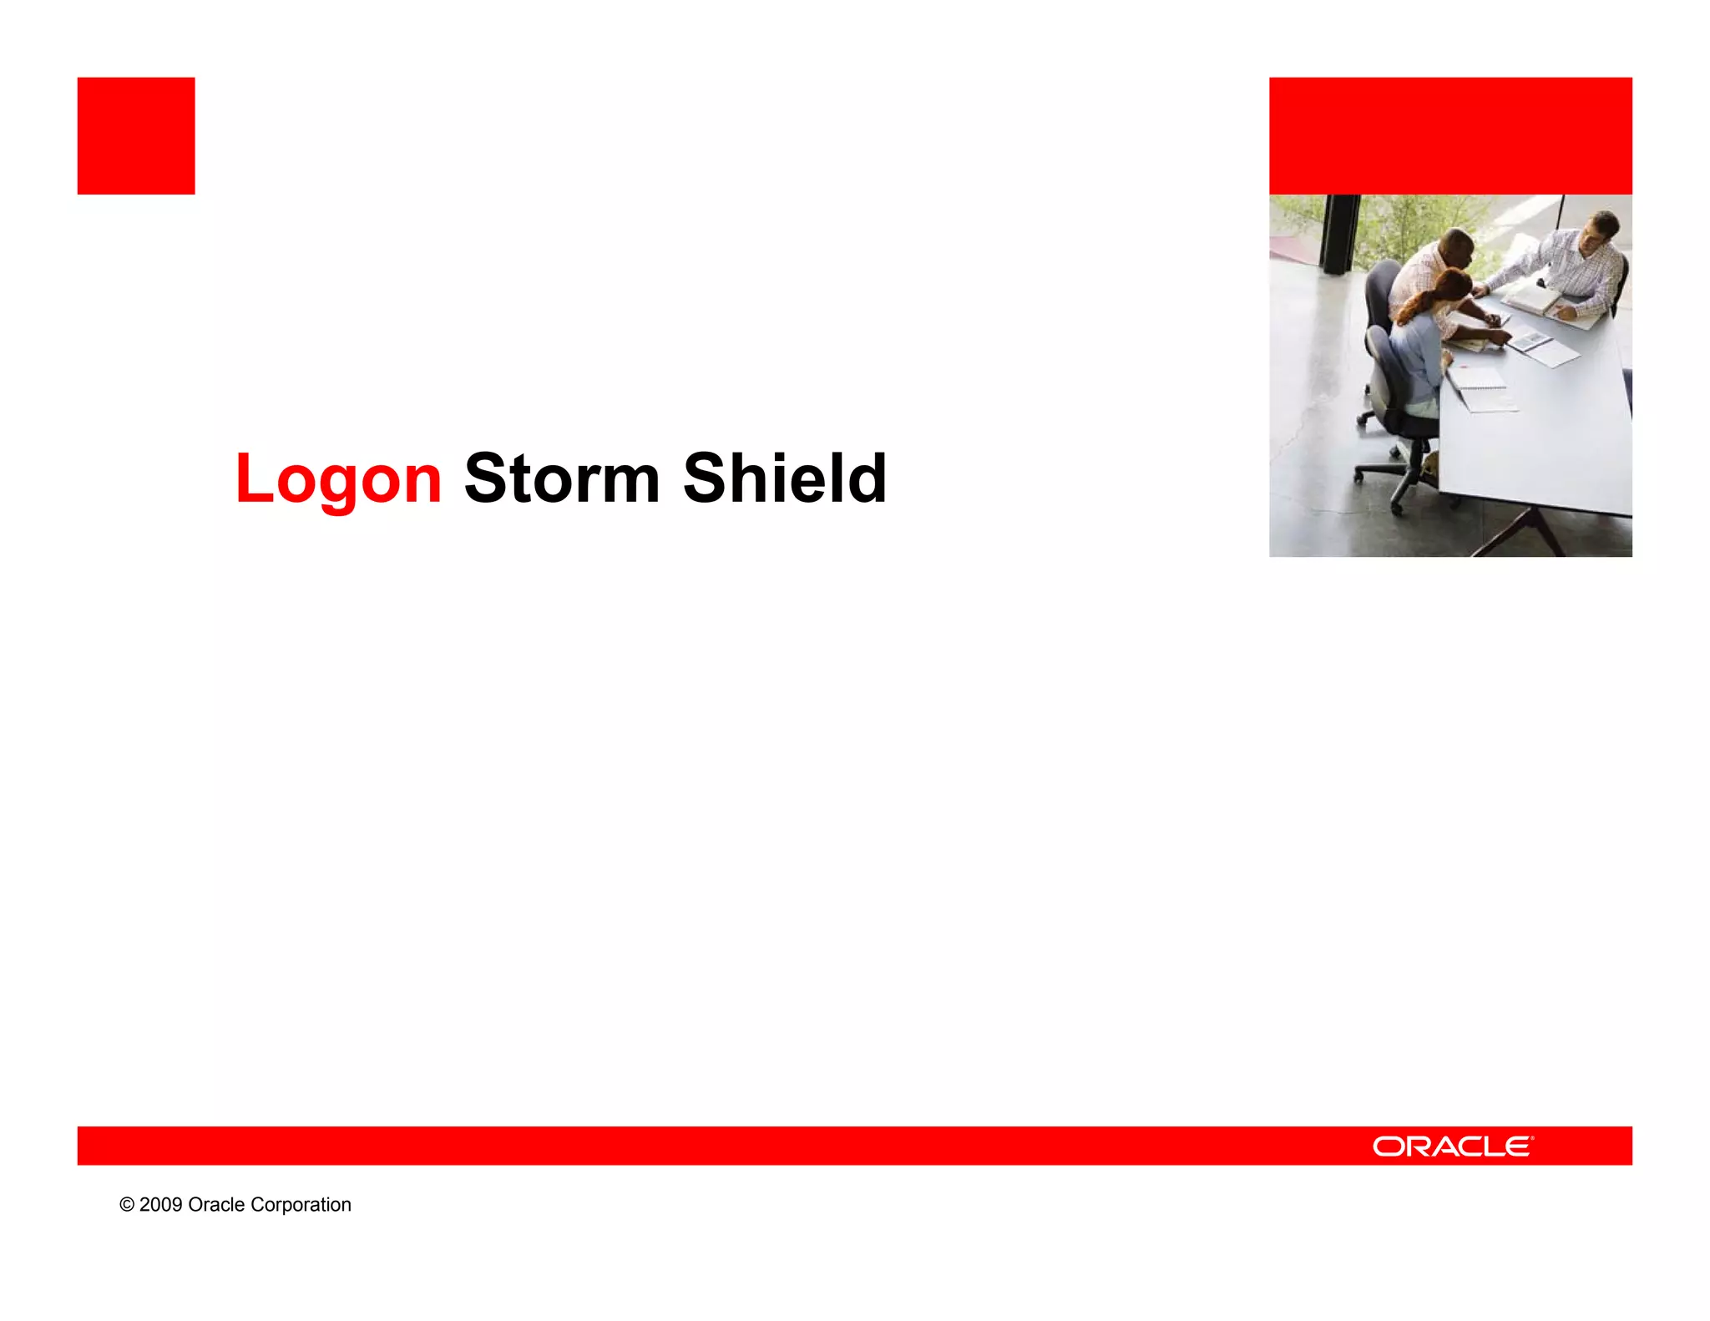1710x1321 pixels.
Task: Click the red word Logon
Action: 338,478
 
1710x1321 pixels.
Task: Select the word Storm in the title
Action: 562,478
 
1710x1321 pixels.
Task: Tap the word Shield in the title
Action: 784,478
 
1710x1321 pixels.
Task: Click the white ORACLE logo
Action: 1452,1146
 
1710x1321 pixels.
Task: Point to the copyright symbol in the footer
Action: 127,1205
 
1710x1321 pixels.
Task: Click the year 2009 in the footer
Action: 160,1205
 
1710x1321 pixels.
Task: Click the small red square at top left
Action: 136,136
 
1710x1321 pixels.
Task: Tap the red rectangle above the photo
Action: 1450,136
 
